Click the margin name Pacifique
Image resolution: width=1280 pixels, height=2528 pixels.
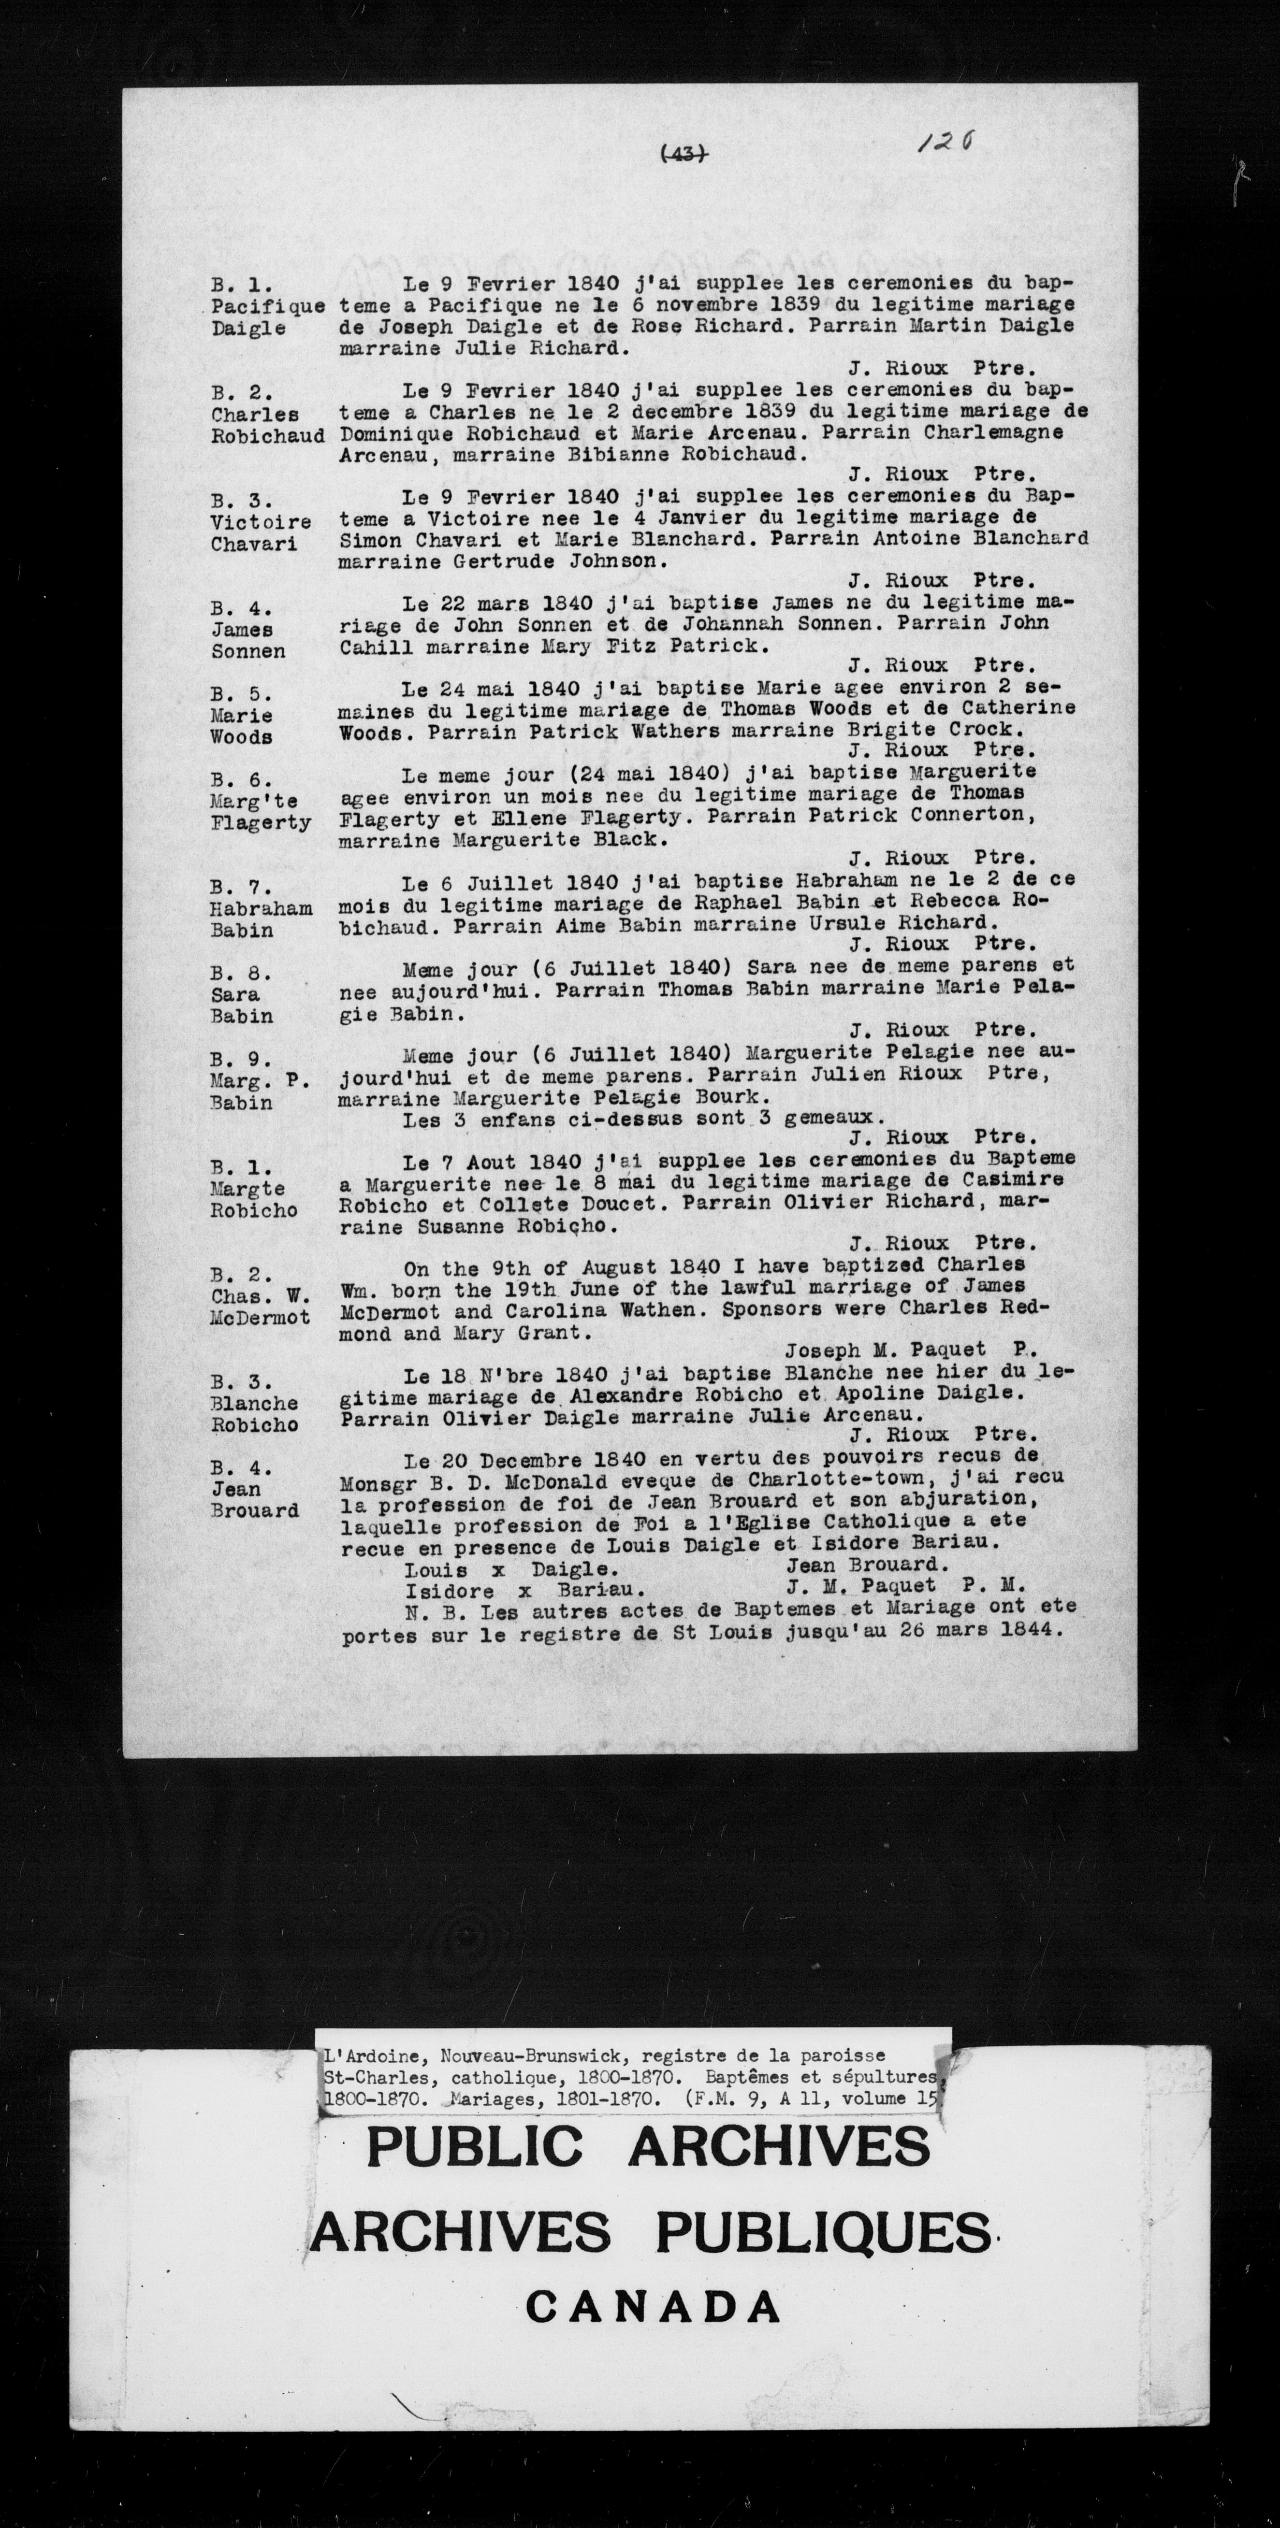[268, 306]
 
